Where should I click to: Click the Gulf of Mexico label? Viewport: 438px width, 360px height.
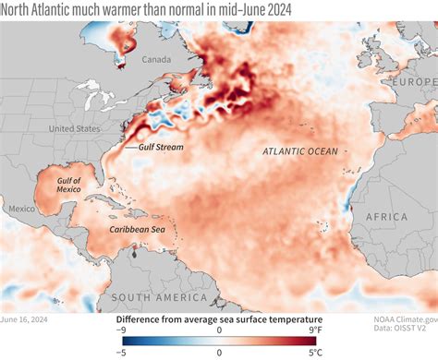[x=69, y=185]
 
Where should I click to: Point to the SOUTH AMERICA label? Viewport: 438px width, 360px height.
[x=158, y=297]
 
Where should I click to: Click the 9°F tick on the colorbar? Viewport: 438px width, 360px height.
[x=314, y=330]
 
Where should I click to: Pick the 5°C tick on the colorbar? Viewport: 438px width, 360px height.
[x=314, y=352]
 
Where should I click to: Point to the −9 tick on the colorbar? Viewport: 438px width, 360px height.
[x=121, y=330]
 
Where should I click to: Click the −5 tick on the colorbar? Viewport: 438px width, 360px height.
[x=121, y=352]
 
